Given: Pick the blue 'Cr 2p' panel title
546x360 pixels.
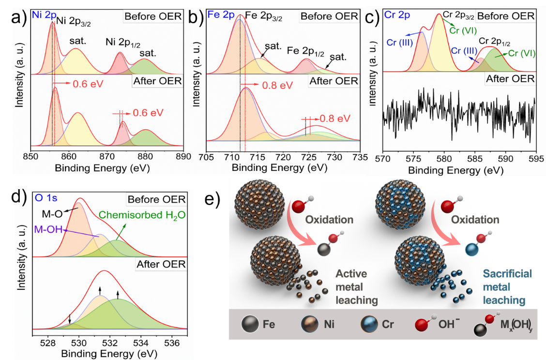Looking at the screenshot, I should coord(397,15).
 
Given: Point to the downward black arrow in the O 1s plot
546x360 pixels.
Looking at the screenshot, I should coord(70,318).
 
